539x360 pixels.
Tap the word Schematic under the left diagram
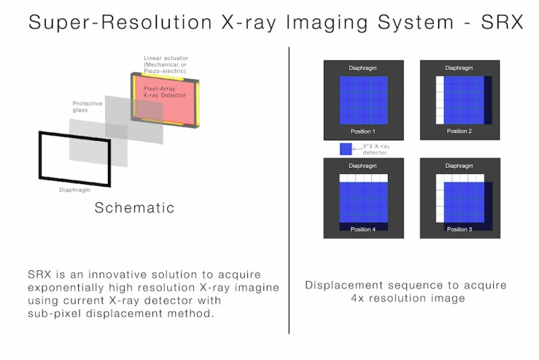[134, 208]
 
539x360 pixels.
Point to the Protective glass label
[88, 108]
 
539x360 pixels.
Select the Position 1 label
[363, 131]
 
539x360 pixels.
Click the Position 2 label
[459, 131]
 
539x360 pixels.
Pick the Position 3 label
[459, 229]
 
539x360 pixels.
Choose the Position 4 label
[363, 229]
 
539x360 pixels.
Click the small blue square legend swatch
[346, 149]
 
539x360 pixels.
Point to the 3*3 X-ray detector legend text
[375, 149]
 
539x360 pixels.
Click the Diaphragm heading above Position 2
[459, 68]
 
